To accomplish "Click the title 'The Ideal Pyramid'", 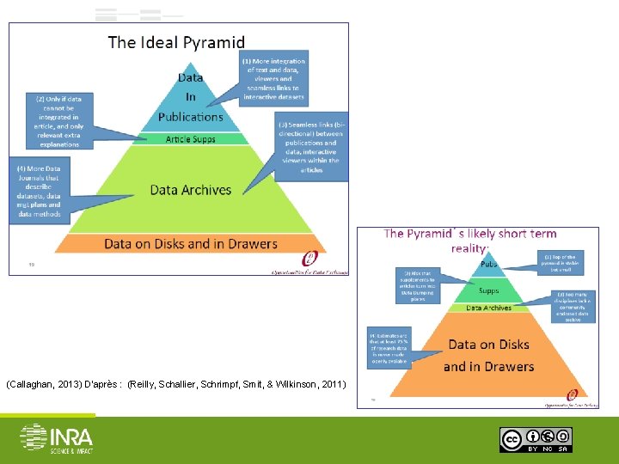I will (176, 42).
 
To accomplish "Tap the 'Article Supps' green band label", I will (191, 139).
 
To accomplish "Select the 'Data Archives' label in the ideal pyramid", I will (191, 190).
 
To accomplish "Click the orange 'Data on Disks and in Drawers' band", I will (191, 243).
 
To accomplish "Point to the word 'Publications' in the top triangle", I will (191, 117).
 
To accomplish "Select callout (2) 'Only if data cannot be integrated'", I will (58, 121).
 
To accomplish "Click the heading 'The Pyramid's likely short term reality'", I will (469, 240).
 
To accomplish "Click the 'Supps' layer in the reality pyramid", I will (488, 290).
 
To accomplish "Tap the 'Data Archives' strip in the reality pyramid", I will (488, 308).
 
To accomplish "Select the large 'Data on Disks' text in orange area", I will (488, 345).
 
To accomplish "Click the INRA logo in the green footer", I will (56, 437).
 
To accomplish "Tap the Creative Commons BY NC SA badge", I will (536, 439).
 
